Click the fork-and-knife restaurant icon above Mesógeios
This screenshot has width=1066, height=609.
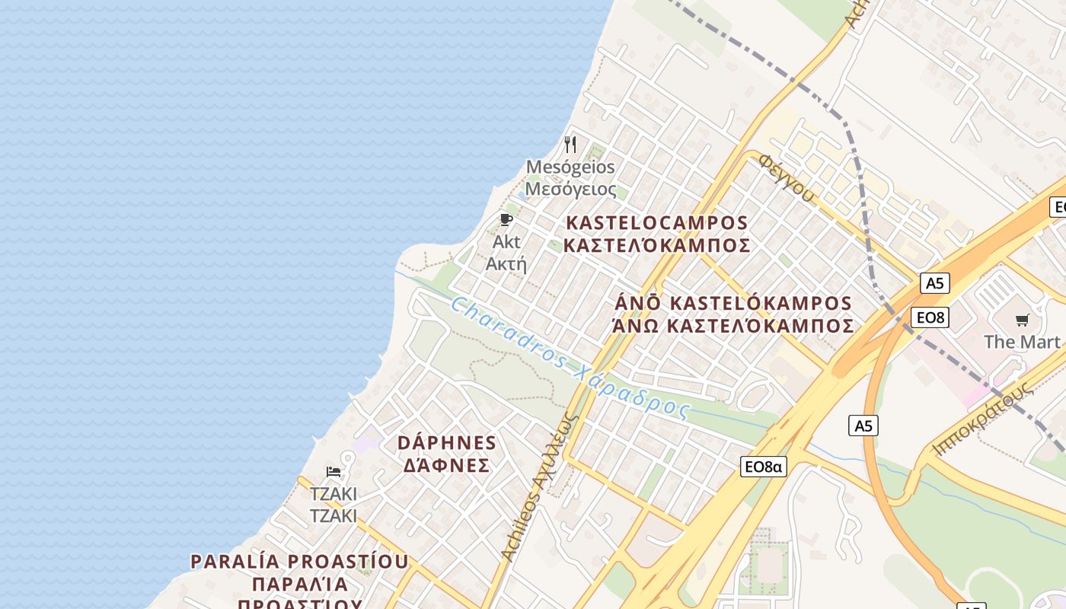(570, 145)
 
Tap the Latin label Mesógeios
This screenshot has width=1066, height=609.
(570, 167)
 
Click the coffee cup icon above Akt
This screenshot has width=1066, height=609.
(506, 220)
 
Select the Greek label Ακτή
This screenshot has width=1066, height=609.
(506, 264)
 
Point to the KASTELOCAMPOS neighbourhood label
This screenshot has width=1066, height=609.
(657, 223)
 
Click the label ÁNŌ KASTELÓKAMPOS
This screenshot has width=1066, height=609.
(733, 303)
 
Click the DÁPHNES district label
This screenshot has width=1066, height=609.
(447, 443)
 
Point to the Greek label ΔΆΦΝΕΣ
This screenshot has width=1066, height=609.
(446, 465)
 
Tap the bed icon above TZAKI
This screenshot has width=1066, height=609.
(334, 472)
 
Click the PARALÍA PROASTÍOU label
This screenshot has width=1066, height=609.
(299, 562)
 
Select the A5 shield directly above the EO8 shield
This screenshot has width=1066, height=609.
(934, 283)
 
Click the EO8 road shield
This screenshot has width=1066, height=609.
(930, 317)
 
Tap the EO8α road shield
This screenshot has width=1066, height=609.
(763, 467)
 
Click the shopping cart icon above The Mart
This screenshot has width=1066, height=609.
(1022, 320)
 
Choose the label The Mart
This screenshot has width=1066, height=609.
(1022, 342)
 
